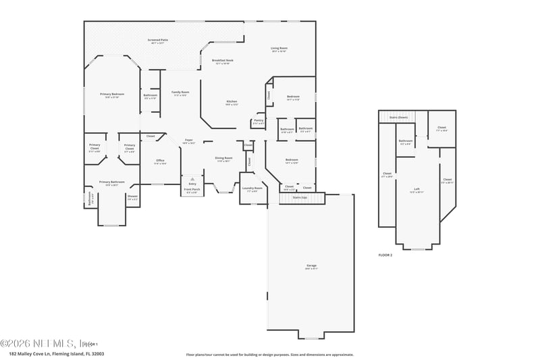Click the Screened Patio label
coord(158,41)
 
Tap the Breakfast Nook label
coord(222,60)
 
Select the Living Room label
coord(279,48)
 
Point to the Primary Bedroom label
coord(109,94)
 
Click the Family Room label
coord(180,93)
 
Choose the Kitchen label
coord(232,101)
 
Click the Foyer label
coord(190,140)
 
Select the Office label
coord(160,160)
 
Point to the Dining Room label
coord(223,158)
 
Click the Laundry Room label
coord(252,188)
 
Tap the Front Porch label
coord(192,190)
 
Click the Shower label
coord(132,197)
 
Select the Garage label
coord(311,265)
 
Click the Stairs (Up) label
coord(299,197)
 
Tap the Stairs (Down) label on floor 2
coord(398,118)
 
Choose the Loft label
coord(416,190)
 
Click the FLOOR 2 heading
coord(385,255)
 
